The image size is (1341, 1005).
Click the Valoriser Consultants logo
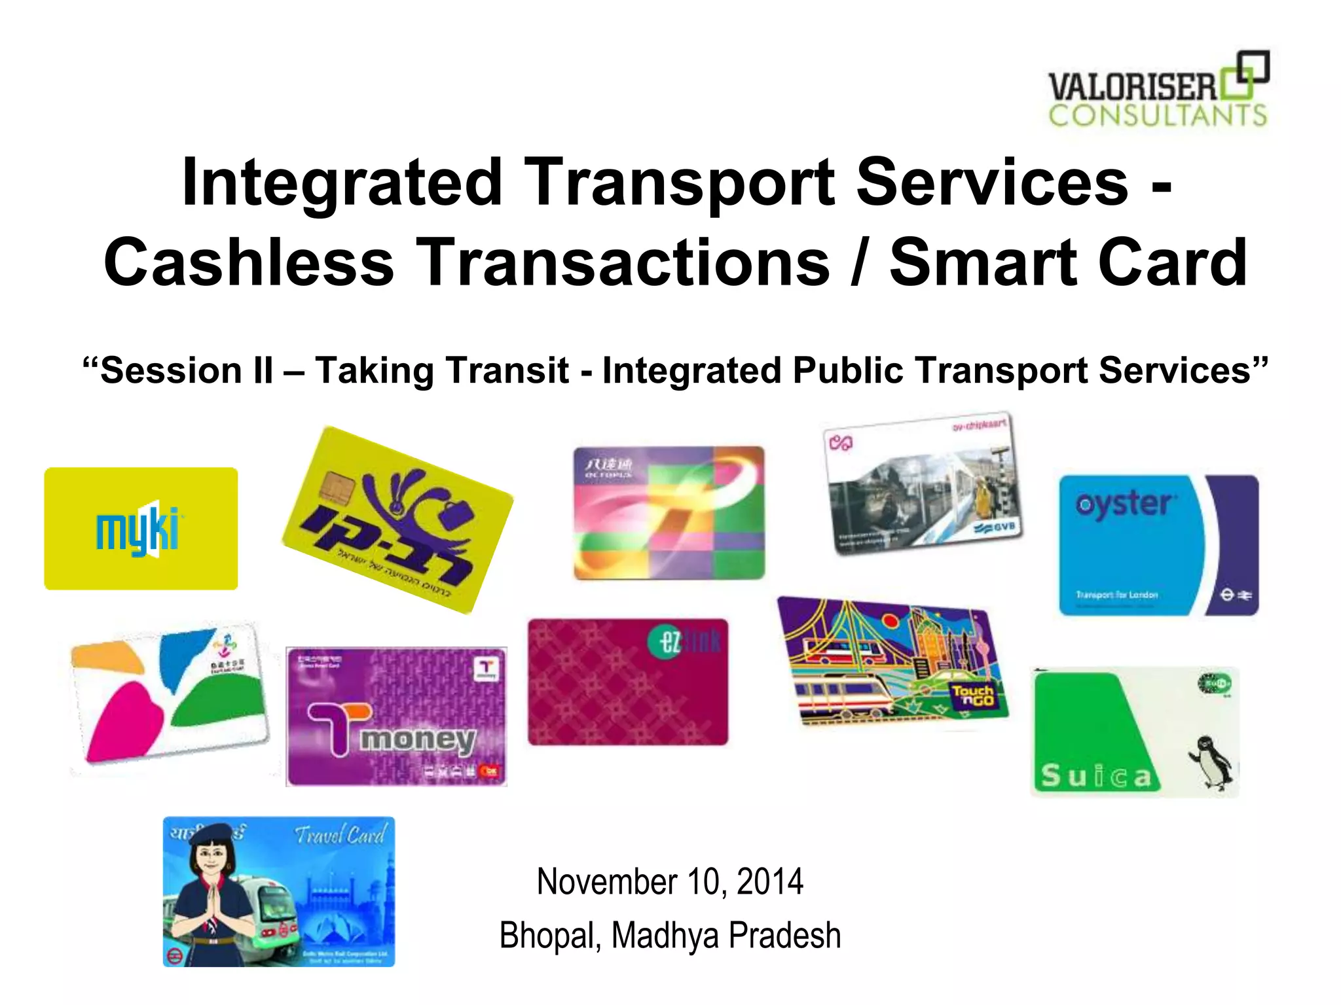pyautogui.click(x=1158, y=90)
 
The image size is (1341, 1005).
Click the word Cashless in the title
pyautogui.click(x=249, y=263)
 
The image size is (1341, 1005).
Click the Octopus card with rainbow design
pyautogui.click(x=669, y=513)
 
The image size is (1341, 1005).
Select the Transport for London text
pyautogui.click(x=1116, y=595)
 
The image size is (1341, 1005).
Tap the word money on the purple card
pyautogui.click(x=418, y=739)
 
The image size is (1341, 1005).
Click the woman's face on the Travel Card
pyautogui.click(x=211, y=856)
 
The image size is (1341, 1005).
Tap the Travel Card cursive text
pyautogui.click(x=340, y=836)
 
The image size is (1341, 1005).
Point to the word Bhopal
pyautogui.click(x=549, y=936)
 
